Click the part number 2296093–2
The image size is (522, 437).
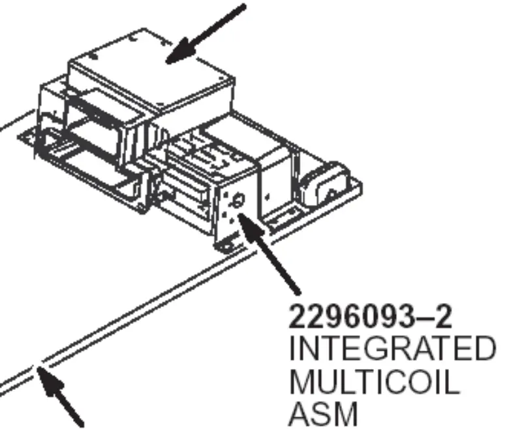[371, 316]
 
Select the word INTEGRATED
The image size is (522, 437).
[393, 348]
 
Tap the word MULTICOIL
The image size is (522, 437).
[375, 381]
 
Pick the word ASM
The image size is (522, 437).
[323, 414]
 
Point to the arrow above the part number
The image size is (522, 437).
[269, 253]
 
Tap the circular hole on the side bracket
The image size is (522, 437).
[238, 201]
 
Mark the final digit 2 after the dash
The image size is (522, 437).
[443, 316]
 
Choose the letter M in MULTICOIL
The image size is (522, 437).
[301, 381]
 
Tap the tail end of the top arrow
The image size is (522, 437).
[244, 6]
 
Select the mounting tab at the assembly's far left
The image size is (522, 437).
[27, 137]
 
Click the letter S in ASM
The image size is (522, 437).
[323, 414]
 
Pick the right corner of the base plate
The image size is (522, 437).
[361, 184]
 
